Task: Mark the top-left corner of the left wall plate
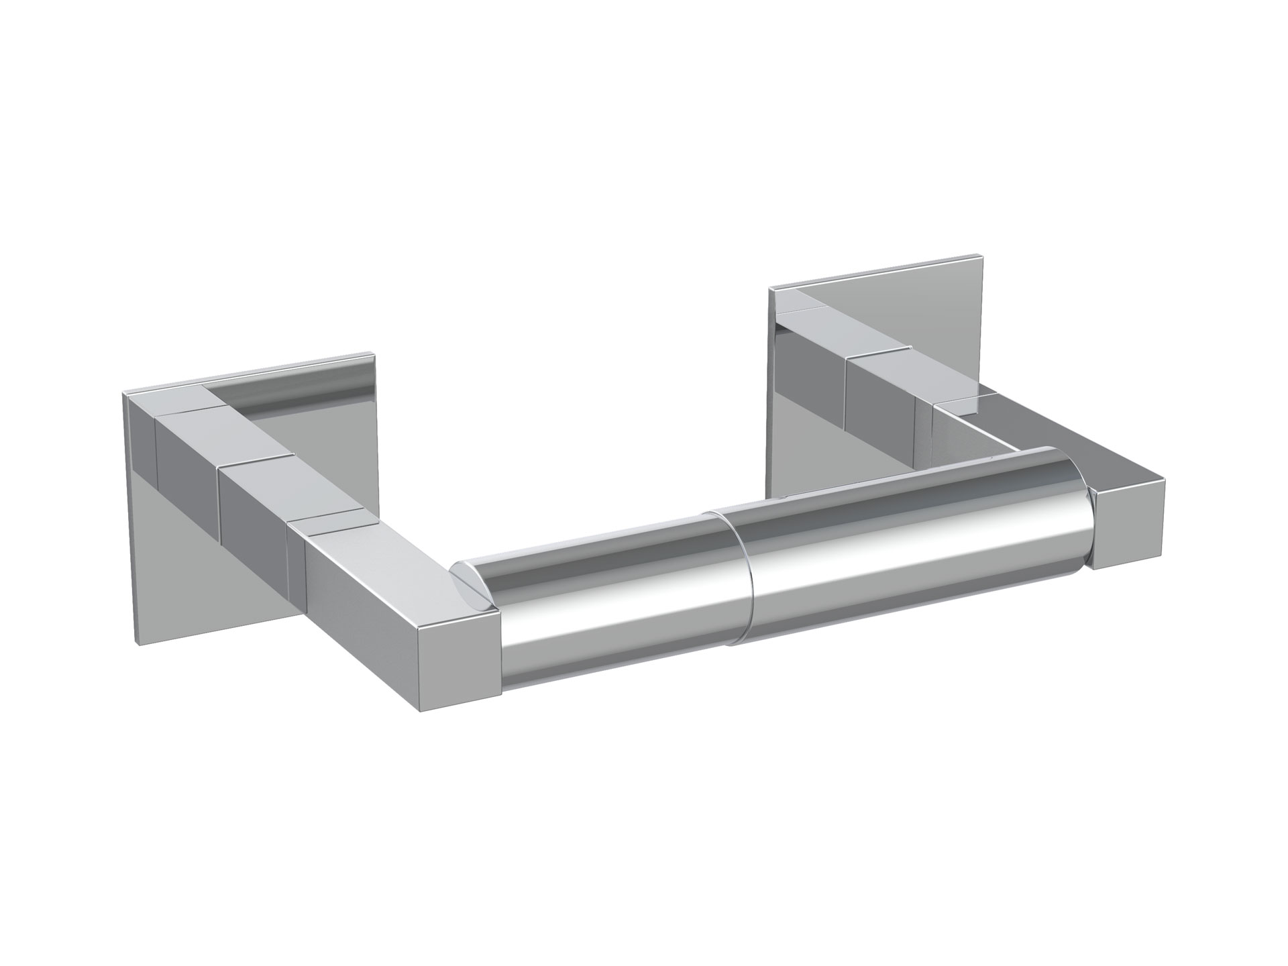tap(124, 393)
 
